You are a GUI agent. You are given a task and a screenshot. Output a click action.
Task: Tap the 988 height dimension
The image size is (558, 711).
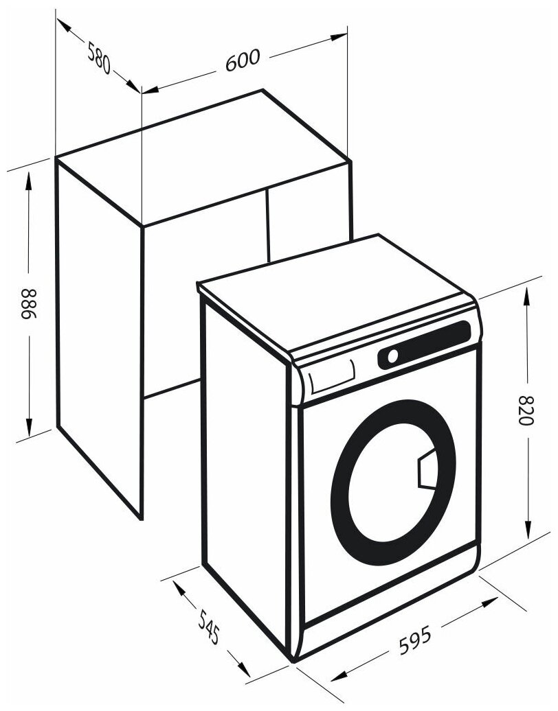[28, 304]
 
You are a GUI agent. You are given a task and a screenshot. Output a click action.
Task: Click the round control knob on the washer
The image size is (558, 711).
[393, 356]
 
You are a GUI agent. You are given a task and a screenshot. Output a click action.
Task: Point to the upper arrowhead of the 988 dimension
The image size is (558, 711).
[28, 178]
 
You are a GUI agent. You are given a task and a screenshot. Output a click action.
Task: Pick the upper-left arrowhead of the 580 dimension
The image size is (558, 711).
[62, 25]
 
